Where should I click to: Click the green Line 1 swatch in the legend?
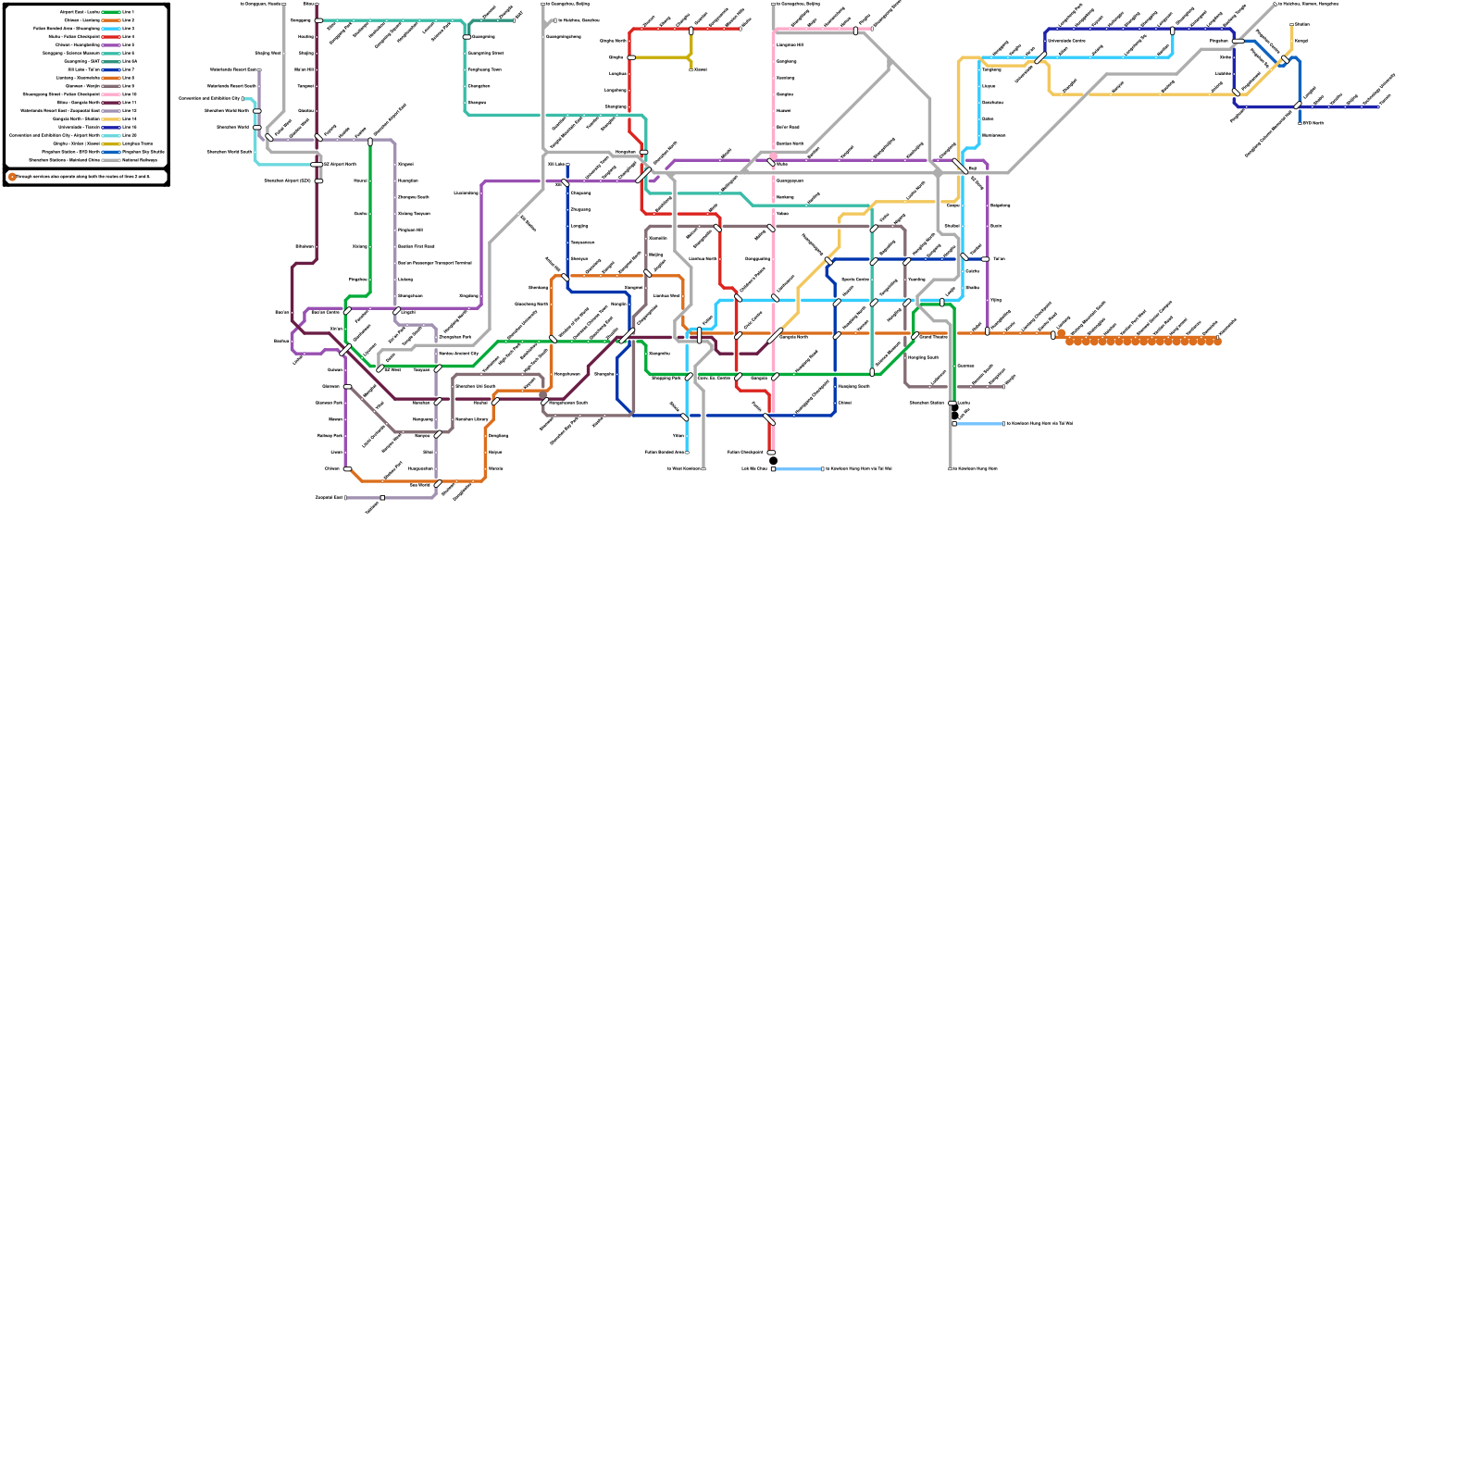[x=110, y=12]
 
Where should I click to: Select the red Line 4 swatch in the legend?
[x=110, y=37]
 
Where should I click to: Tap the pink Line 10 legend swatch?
[x=110, y=94]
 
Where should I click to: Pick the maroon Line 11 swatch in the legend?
[x=110, y=103]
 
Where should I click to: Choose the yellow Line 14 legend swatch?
[x=110, y=119]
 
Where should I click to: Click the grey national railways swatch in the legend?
[x=110, y=160]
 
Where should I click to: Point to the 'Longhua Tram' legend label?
[x=138, y=143]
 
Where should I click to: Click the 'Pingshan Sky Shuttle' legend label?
[x=143, y=152]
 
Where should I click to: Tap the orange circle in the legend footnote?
[x=12, y=176]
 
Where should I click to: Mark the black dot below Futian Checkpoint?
[x=773, y=461]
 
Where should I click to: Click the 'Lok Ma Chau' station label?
[x=753, y=469]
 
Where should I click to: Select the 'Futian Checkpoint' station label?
[x=745, y=453]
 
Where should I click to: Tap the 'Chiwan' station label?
[x=332, y=469]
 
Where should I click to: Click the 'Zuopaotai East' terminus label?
[x=329, y=498]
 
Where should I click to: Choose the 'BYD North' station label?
[x=1313, y=123]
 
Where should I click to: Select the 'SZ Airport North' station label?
[x=339, y=164]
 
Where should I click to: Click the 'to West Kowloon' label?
[x=684, y=469]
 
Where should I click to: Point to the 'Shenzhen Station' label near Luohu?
[x=927, y=403]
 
